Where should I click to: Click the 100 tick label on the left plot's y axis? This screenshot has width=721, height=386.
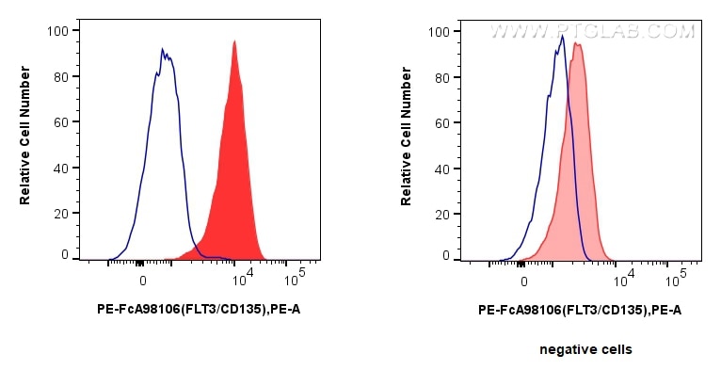point(58,30)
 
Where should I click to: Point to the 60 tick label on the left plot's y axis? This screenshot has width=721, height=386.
point(61,122)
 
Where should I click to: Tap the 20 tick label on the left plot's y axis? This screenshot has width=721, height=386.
point(61,214)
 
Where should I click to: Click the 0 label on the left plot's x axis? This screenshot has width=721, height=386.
point(143,281)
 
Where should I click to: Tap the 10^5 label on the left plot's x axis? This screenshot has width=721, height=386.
point(294,279)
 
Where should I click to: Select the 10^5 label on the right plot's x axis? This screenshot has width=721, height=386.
point(675,279)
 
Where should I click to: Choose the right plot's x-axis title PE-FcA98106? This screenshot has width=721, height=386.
point(580,308)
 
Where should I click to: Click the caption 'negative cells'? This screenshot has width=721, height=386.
point(585,349)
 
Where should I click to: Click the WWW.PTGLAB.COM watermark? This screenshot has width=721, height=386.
point(592,31)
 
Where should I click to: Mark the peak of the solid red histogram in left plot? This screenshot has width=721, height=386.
point(234,40)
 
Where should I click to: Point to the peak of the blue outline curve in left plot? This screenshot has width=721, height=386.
point(162,49)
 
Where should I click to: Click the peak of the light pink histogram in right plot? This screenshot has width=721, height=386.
point(577,43)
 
